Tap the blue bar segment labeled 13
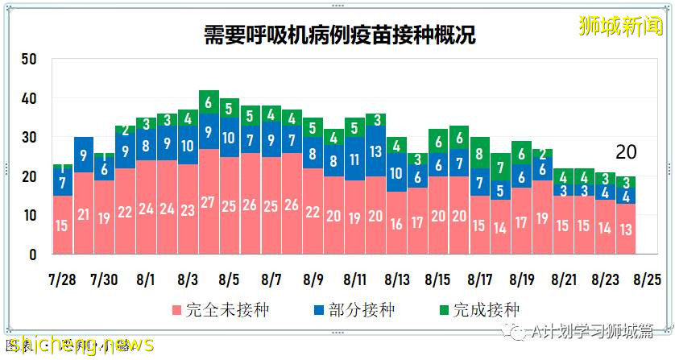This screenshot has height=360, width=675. (376, 151)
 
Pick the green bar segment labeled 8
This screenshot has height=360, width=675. (480, 153)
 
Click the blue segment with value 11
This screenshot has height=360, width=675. (355, 159)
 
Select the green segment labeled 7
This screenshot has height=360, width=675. (501, 168)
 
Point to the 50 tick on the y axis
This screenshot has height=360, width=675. (30, 60)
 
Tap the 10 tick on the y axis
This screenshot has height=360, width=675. (30, 216)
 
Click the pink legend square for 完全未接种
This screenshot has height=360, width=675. (176, 310)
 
